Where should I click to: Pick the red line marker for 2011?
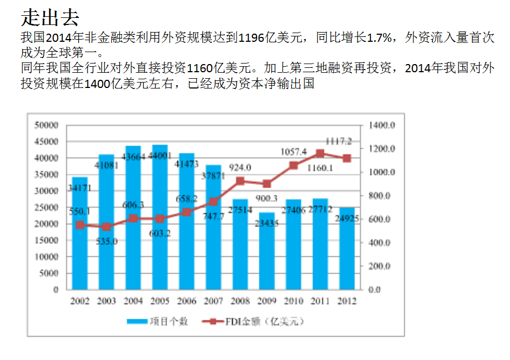coord(320,154)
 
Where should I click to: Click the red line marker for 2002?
coord(80,225)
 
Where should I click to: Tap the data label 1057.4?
coord(294,151)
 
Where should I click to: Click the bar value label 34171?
coord(80,188)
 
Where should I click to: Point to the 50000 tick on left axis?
coord(46,125)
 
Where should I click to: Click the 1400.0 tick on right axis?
coord(382,125)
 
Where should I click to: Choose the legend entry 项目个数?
coord(157,321)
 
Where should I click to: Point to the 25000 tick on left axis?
coord(46,207)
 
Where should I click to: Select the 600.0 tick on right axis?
coord(382,219)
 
